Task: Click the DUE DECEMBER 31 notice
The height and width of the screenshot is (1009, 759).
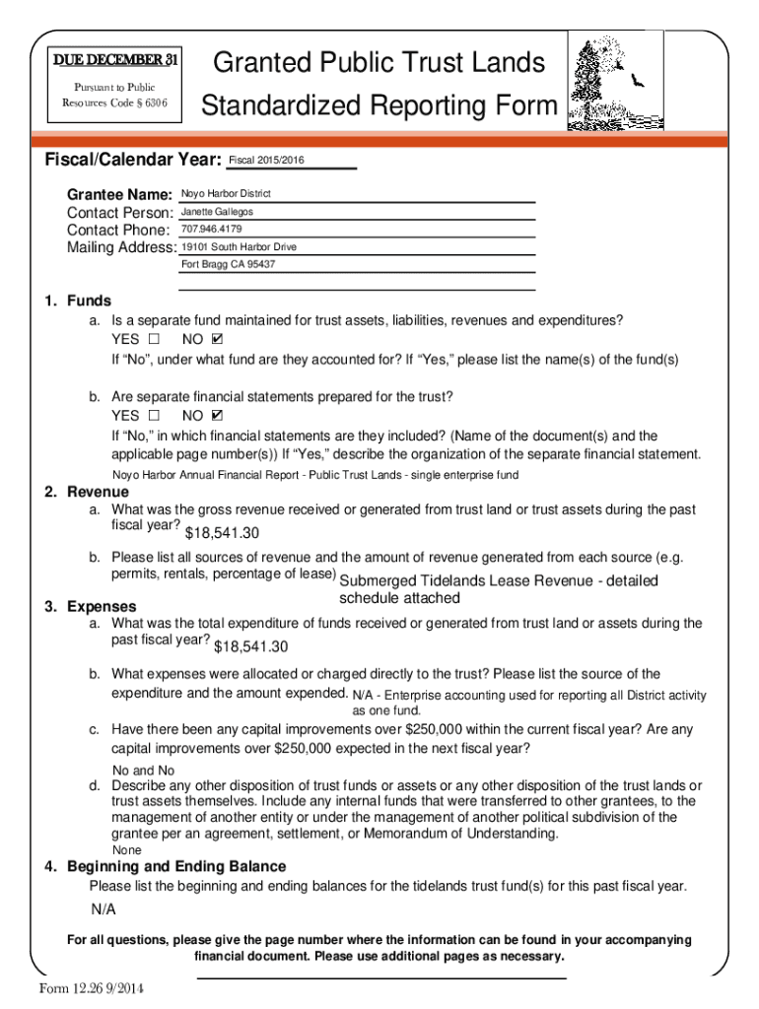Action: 115,61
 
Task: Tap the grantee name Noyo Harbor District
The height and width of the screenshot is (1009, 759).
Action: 226,194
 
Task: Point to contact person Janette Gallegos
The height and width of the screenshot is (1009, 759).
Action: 218,212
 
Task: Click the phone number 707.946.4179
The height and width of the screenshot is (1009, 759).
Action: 212,230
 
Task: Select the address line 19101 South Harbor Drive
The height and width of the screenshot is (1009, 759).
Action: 240,247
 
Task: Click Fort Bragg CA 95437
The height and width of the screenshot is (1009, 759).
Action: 229,265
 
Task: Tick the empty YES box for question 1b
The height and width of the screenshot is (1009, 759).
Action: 153,416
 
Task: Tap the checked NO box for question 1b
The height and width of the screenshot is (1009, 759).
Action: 218,416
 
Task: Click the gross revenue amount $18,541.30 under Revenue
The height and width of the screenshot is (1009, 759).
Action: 222,533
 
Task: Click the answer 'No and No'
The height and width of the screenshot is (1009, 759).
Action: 143,771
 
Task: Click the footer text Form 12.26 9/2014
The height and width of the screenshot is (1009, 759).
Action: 93,989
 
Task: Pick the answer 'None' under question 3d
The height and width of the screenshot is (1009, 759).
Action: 127,849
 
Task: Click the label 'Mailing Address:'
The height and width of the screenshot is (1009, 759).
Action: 121,248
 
